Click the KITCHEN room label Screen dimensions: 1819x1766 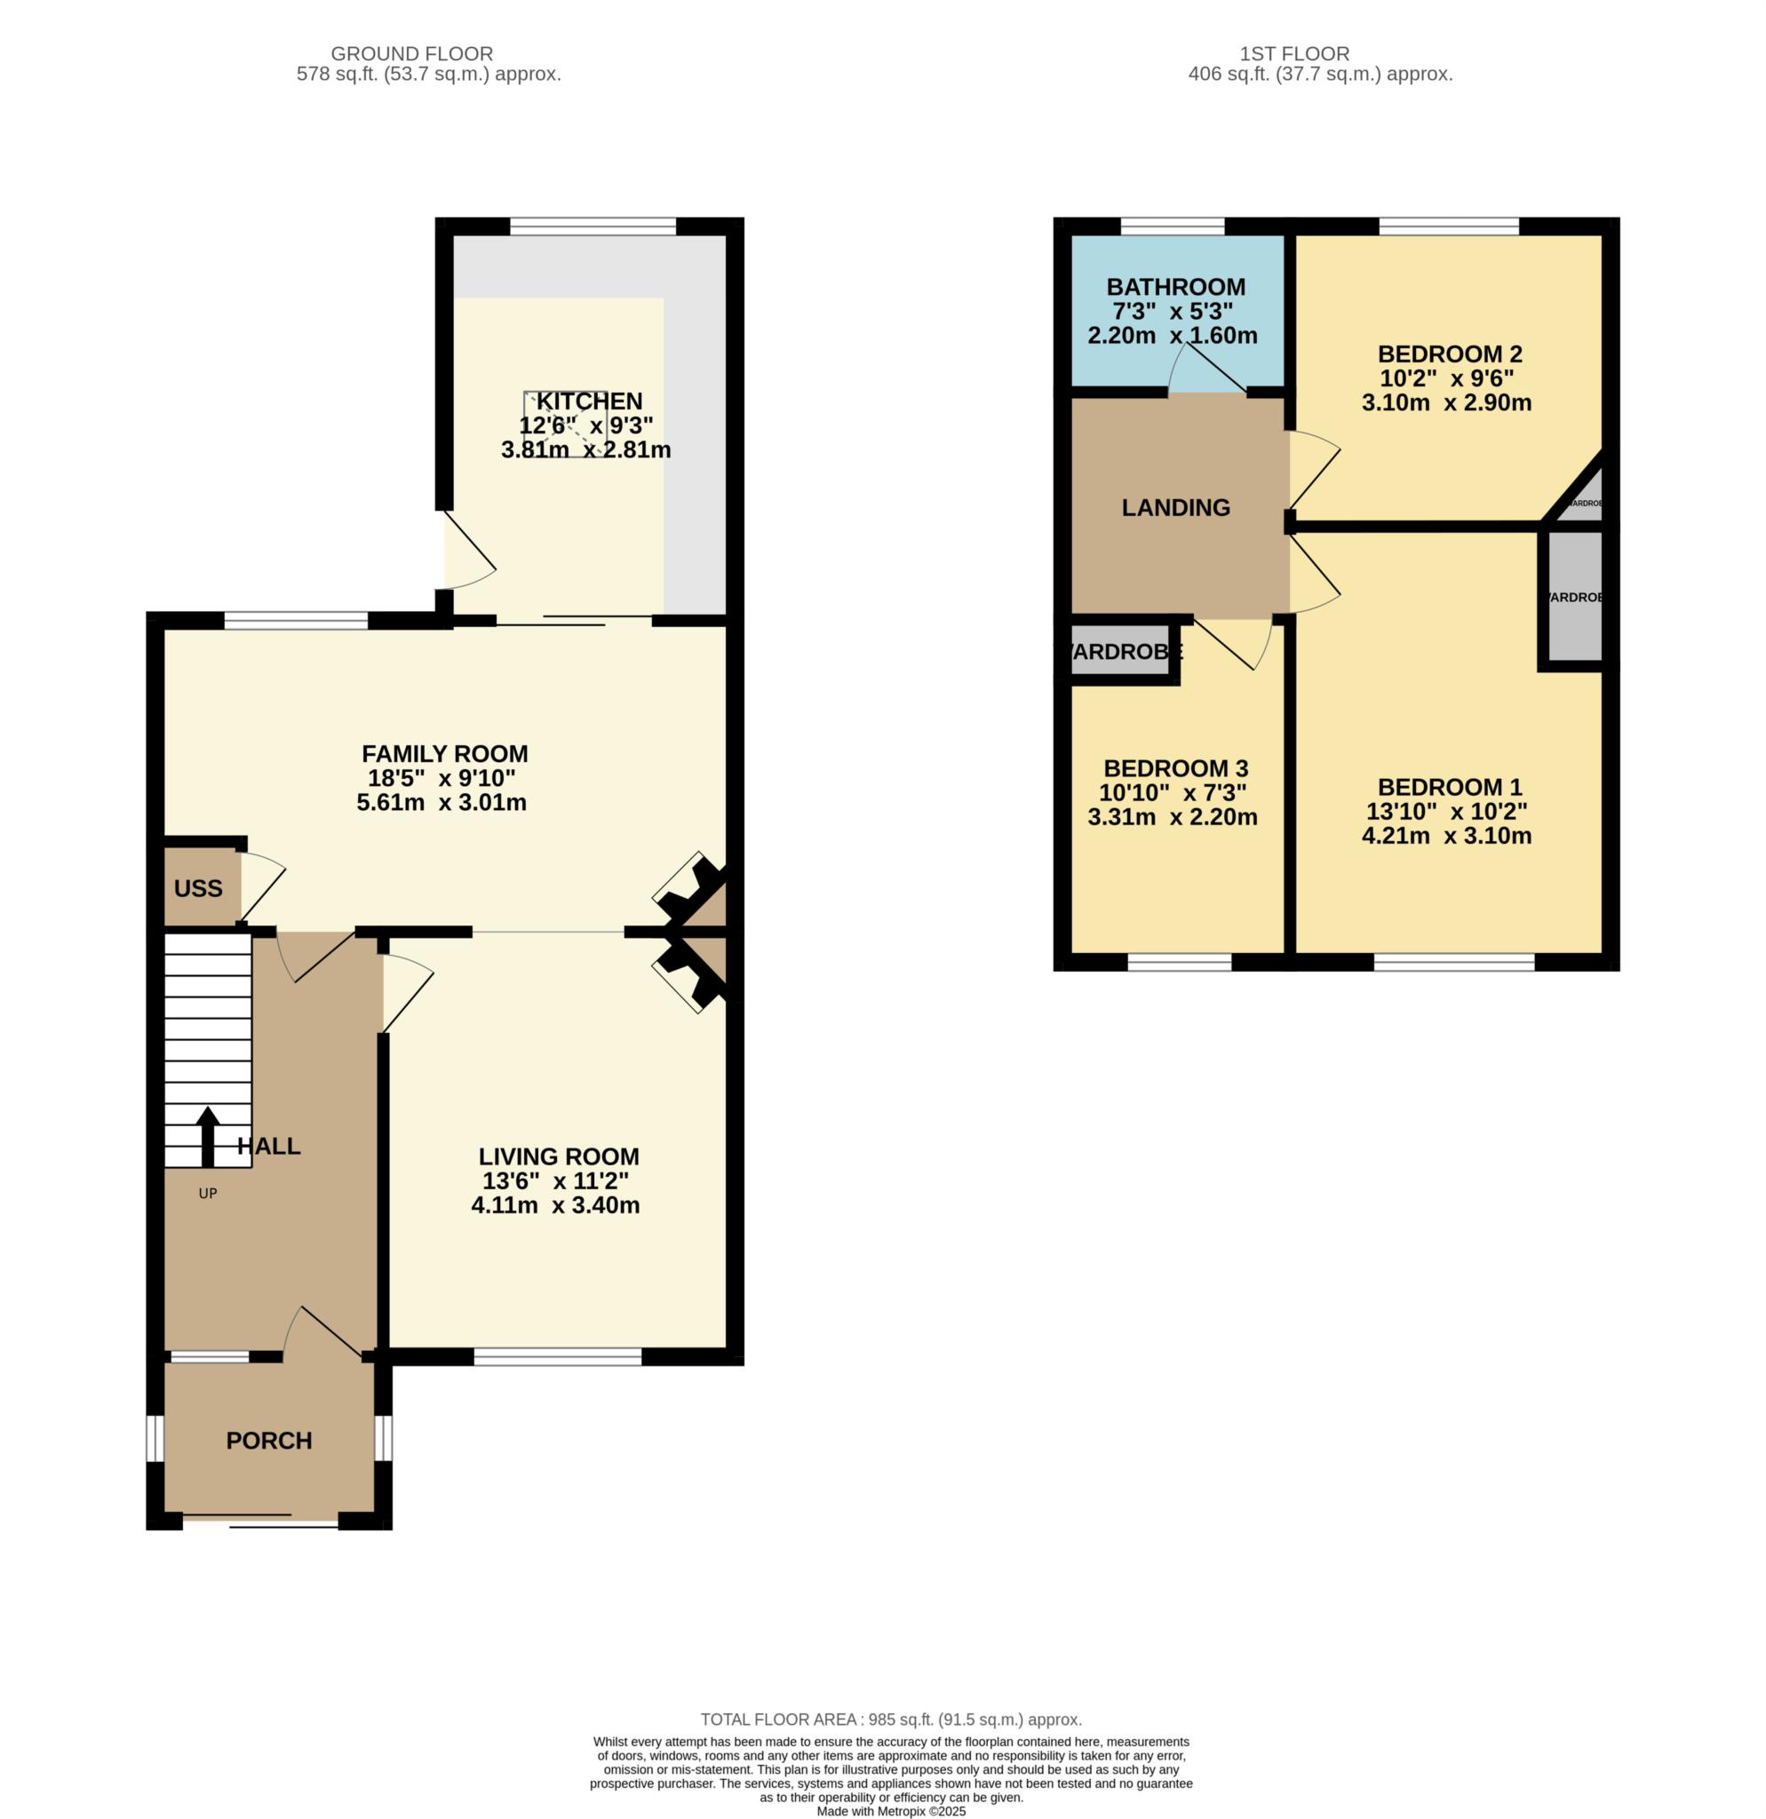point(589,401)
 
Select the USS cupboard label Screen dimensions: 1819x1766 point(198,888)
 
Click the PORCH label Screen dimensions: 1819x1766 point(269,1441)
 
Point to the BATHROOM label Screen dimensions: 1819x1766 point(1175,287)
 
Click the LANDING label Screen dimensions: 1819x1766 point(1175,508)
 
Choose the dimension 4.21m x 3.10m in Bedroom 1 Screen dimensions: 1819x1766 point(1446,835)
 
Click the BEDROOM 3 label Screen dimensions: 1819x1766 point(1175,768)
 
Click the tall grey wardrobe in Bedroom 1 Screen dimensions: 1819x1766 point(1572,597)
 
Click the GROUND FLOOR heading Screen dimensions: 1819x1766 point(411,54)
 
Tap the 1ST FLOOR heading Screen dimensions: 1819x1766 point(1293,54)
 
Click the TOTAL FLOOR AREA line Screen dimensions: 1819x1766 point(891,1720)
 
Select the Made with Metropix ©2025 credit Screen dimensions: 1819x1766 point(891,1811)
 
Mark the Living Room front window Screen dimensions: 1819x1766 point(558,1357)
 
